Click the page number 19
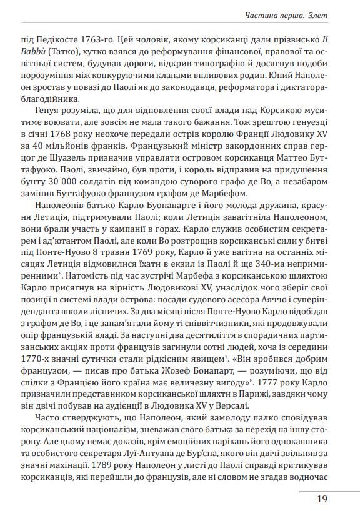point(322,499)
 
